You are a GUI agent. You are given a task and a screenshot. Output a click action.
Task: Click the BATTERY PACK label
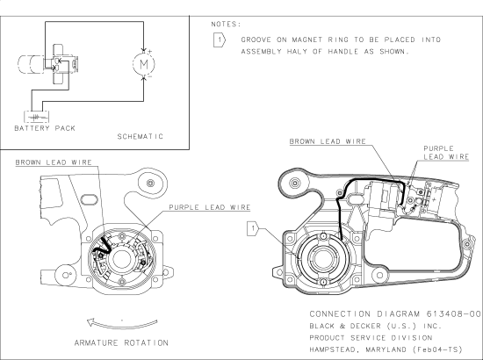coord(44,128)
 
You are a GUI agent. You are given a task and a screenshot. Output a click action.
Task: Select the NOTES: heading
coord(227,25)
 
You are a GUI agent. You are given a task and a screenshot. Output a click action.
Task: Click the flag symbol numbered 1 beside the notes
coord(220,40)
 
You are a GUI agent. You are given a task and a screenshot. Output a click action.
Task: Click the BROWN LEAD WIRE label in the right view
coord(328,140)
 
